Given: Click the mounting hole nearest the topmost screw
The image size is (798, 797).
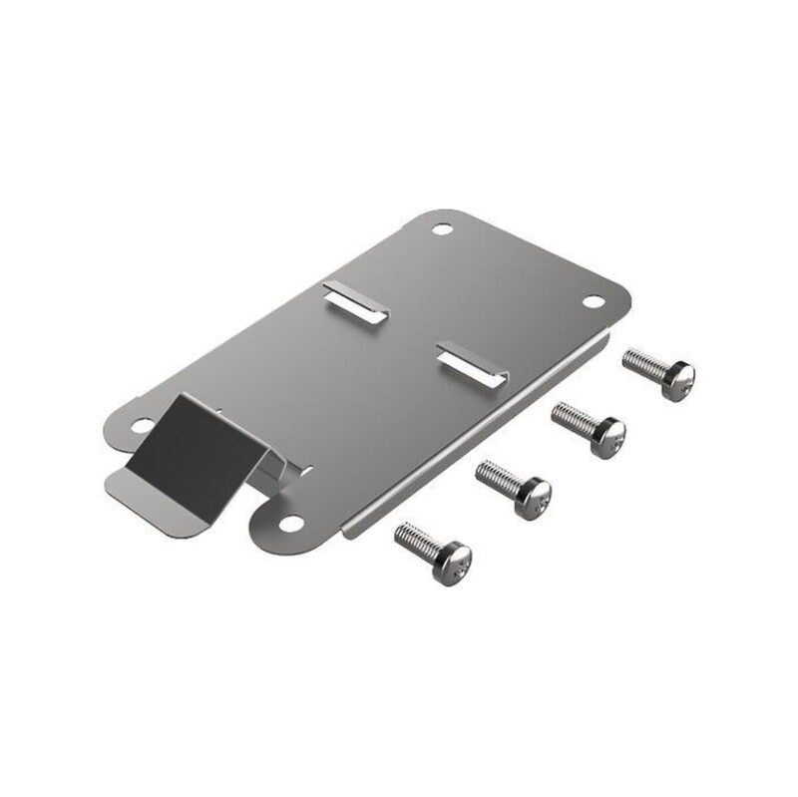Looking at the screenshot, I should [x=593, y=300].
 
